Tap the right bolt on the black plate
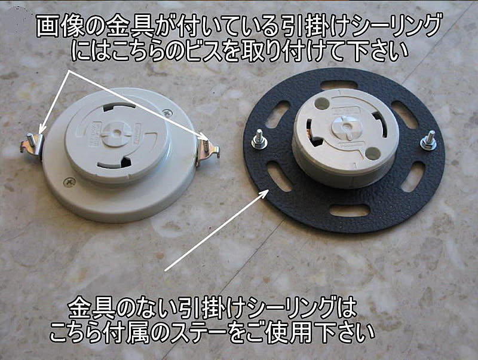tap(429, 141)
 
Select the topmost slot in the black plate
tap(338, 85)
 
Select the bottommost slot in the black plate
tap(350, 210)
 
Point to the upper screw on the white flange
tap(167, 113)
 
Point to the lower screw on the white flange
tap(69, 182)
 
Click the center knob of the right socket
tap(346, 126)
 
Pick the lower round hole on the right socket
tap(371, 152)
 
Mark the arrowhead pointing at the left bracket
tap(42, 128)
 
